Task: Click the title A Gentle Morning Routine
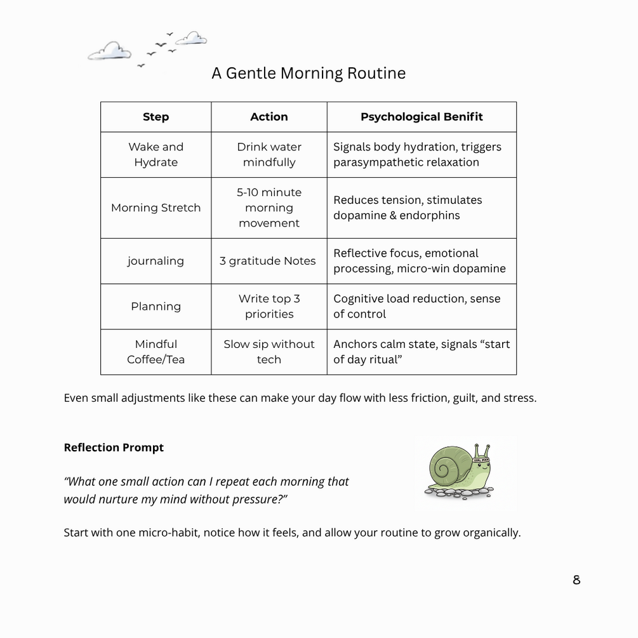click(x=309, y=73)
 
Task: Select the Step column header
click(x=156, y=117)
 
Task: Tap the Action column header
click(x=269, y=117)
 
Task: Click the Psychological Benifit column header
click(x=422, y=117)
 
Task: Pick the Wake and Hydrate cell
click(x=156, y=154)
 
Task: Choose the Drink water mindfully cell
click(x=269, y=154)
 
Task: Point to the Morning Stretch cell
click(x=156, y=208)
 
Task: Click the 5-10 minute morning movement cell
click(x=269, y=208)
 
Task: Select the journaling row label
click(x=156, y=261)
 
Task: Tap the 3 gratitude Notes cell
click(x=268, y=261)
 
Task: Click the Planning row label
click(x=156, y=307)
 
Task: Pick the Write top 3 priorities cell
click(x=269, y=307)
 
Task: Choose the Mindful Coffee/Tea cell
click(x=156, y=352)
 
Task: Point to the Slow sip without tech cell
click(x=269, y=352)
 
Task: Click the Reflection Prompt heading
click(x=114, y=448)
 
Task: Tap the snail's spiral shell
click(x=448, y=467)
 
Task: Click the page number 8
click(x=576, y=580)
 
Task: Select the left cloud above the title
click(x=109, y=51)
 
